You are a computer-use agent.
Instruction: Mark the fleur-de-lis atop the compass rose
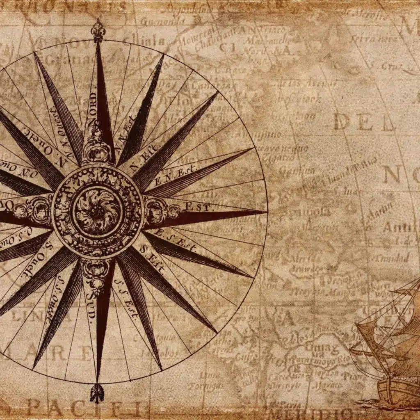98,31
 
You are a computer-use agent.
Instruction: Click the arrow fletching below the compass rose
97,393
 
